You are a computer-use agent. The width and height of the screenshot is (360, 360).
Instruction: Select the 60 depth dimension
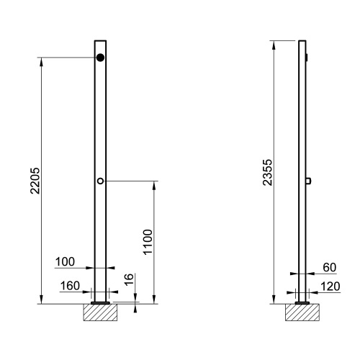330,267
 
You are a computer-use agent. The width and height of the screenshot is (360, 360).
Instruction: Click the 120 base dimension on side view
330,287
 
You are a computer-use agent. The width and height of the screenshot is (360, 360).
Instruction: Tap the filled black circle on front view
101,58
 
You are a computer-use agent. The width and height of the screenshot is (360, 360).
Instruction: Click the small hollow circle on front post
101,181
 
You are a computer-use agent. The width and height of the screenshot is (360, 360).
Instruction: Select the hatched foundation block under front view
101,313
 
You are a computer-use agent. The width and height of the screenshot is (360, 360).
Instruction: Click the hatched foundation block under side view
302,313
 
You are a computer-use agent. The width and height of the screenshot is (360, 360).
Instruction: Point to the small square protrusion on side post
307,181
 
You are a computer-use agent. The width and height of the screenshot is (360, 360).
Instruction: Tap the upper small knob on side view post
307,57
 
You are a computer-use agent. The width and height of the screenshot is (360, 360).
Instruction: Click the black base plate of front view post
101,303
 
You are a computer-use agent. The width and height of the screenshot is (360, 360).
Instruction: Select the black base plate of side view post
302,303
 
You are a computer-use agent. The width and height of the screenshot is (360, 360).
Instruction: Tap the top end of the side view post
302,41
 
